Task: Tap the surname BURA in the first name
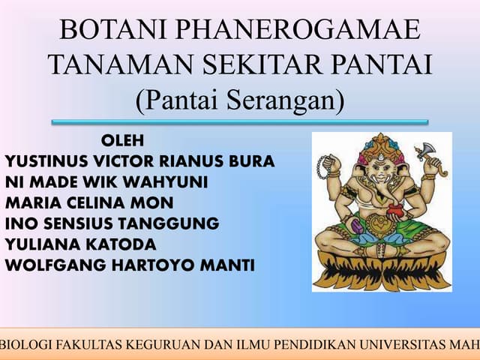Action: tap(251, 161)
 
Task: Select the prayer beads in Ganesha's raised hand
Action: tap(325, 166)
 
